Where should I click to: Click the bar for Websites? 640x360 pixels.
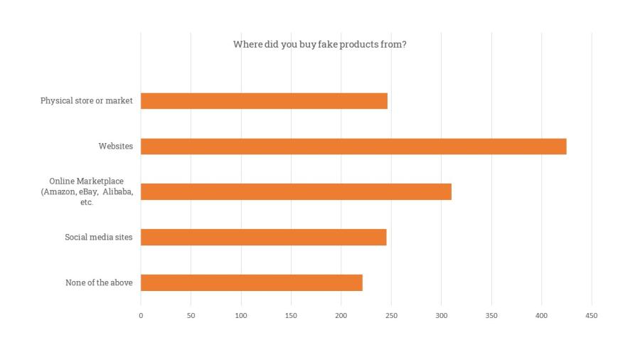pos(353,147)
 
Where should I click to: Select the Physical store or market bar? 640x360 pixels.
pos(264,101)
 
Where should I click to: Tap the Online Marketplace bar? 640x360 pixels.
pos(296,192)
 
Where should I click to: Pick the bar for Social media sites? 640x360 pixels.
pos(263,238)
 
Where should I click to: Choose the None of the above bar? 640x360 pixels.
pos(251,282)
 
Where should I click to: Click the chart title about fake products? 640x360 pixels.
pos(319,44)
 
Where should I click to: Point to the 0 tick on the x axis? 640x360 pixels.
pos(141,315)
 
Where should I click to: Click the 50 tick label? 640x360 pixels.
pos(191,315)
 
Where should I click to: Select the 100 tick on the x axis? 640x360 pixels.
pos(241,315)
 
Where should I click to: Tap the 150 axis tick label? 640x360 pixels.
pos(291,315)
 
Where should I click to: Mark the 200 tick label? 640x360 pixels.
pos(341,315)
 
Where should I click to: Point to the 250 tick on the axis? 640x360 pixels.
pos(391,315)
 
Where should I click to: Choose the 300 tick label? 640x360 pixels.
pos(442,315)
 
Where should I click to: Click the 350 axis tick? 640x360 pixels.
pos(491,315)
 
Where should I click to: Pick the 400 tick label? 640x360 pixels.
pos(542,315)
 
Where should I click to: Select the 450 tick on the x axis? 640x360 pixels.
pos(592,315)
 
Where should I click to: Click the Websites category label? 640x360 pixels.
pos(116,147)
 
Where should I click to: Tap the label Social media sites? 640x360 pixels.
pos(99,238)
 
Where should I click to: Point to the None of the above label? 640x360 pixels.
pos(99,283)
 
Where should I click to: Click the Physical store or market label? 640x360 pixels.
pos(87,101)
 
